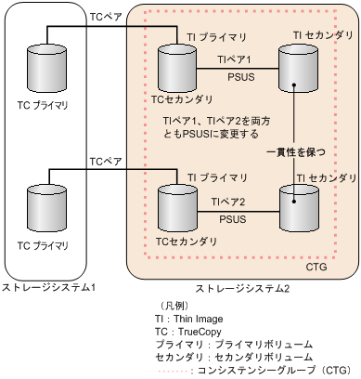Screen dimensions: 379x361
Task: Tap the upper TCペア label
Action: (x=104, y=15)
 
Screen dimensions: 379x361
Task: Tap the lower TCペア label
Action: (x=104, y=161)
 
